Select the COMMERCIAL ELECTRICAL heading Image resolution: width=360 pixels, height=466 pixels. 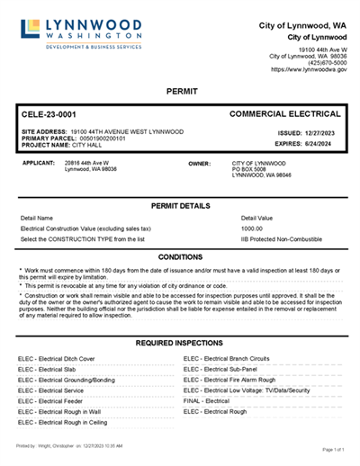[285, 115]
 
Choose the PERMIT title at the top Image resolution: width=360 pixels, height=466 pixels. [182, 92]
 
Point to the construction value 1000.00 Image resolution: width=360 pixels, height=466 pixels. [252, 229]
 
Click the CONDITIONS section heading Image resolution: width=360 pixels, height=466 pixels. [180, 257]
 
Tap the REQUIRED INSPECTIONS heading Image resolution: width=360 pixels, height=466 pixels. [180, 344]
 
